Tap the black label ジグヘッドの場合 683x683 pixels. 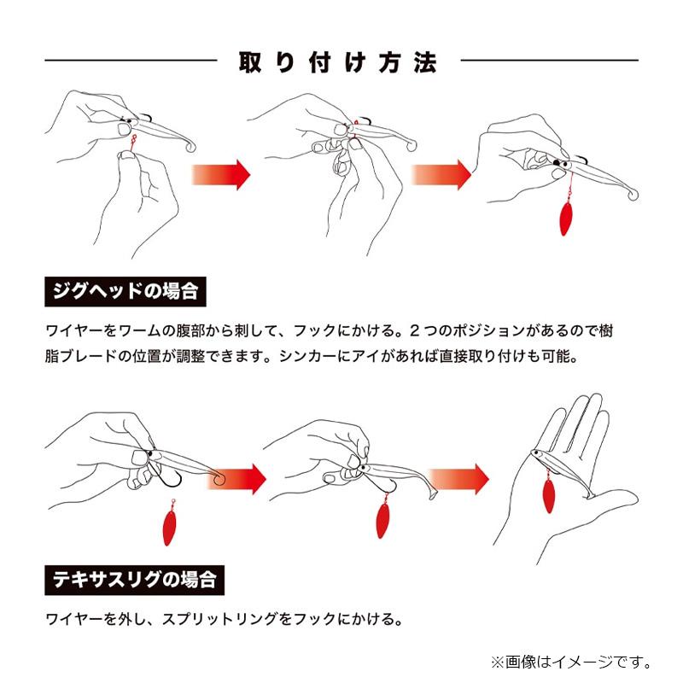click(x=125, y=291)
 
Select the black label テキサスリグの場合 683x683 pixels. click(x=133, y=581)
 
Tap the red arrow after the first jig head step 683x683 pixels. click(x=220, y=174)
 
